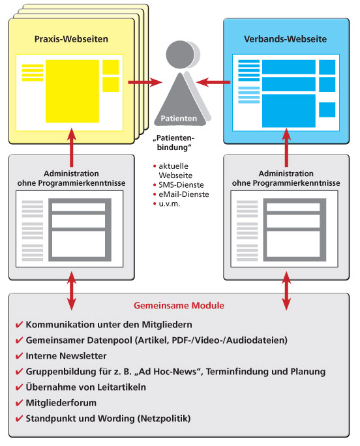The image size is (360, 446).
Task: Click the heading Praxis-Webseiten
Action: [71, 39]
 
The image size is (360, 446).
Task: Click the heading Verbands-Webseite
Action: [285, 39]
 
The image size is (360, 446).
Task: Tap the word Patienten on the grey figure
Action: [179, 118]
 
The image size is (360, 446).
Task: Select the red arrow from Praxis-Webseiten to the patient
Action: [145, 82]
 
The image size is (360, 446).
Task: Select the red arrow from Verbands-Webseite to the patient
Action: [213, 82]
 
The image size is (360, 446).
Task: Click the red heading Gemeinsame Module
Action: [179, 306]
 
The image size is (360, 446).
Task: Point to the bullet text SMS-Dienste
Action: [181, 185]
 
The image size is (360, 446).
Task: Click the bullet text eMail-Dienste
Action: [184, 194]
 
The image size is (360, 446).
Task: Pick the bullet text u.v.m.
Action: [170, 203]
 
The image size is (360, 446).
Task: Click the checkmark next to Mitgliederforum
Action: [19, 403]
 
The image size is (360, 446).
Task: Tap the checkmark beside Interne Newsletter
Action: [19, 356]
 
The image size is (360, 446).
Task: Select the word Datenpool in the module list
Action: [110, 340]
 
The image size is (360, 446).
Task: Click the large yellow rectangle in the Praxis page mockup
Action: [72, 91]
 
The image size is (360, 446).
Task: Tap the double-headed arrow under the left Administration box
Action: [72, 291]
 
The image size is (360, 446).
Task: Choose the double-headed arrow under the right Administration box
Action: [286, 291]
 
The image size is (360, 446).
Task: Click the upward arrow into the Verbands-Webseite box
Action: [286, 147]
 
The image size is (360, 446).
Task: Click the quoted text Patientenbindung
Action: [174, 143]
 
